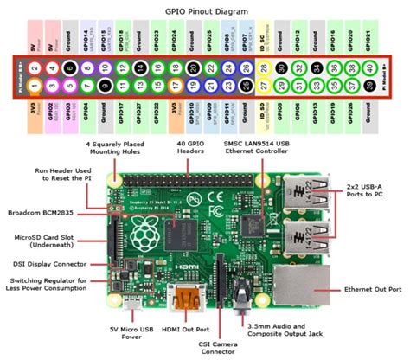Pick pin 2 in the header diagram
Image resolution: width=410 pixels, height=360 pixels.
(x=34, y=67)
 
